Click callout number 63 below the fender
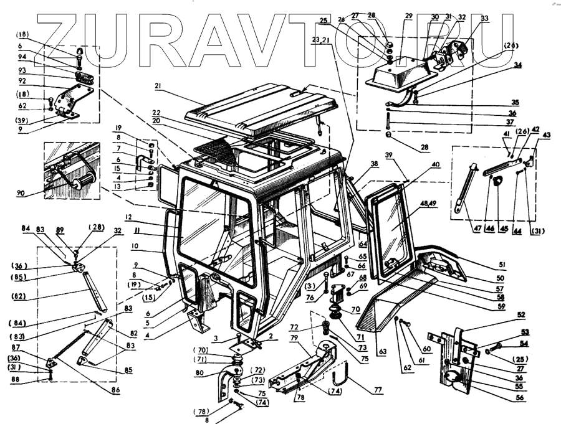pyautogui.click(x=382, y=352)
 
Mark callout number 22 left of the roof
pyautogui.click(x=156, y=112)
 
